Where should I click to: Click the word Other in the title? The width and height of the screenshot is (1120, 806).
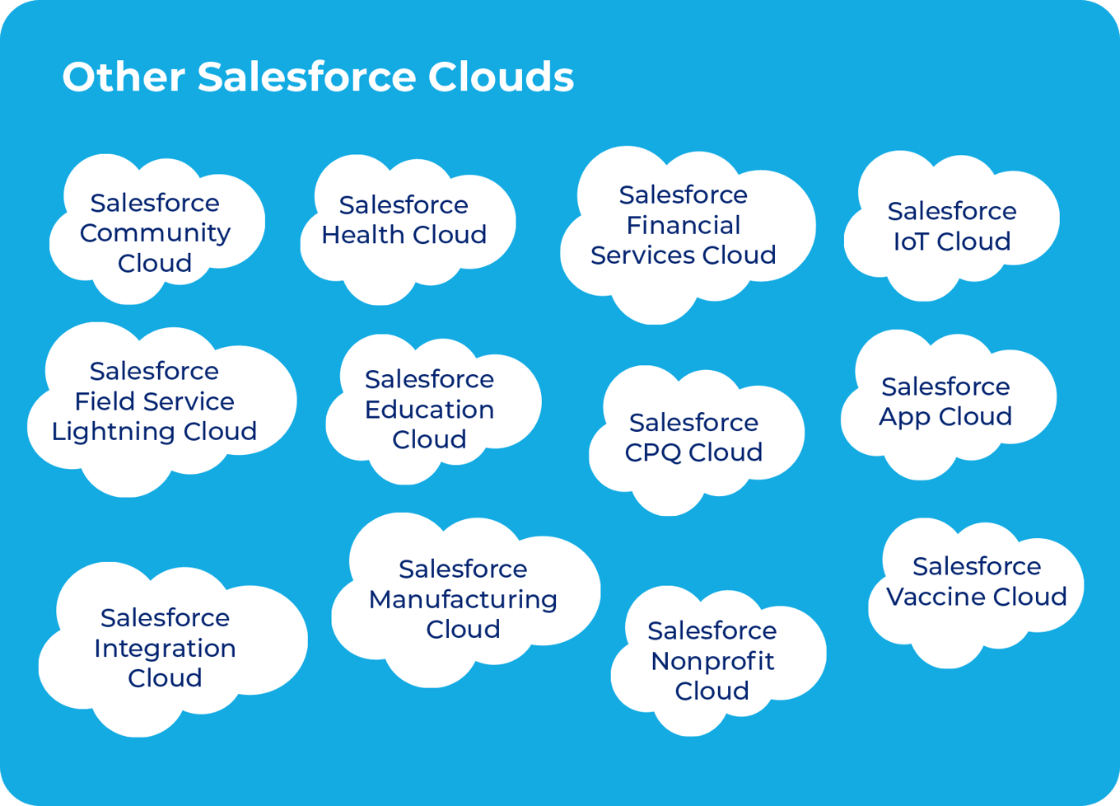tap(124, 77)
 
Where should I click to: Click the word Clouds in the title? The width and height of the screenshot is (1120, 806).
tap(501, 77)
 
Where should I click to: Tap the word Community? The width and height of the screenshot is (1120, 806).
tap(155, 234)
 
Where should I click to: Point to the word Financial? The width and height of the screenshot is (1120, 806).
tap(683, 225)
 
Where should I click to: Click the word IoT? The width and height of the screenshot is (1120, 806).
tap(911, 241)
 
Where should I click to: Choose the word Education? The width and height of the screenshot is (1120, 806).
tap(430, 410)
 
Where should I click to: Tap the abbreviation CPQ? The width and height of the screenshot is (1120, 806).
tap(652, 453)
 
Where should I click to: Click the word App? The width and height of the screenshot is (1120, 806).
tap(904, 417)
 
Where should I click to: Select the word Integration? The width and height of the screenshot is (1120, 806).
tap(165, 649)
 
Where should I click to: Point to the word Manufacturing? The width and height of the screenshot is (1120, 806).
tap(463, 600)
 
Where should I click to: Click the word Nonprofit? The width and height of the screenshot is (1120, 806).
tap(712, 662)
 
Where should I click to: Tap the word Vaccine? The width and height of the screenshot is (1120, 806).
tap(935, 597)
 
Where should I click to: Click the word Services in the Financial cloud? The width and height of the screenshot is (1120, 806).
tap(642, 255)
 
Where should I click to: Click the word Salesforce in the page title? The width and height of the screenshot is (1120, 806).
tap(306, 77)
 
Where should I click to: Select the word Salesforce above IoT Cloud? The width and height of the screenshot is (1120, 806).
tap(952, 211)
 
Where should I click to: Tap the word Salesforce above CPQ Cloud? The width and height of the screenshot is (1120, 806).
tap(693, 422)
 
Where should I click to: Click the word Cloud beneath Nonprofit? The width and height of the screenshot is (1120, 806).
tap(712, 691)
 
